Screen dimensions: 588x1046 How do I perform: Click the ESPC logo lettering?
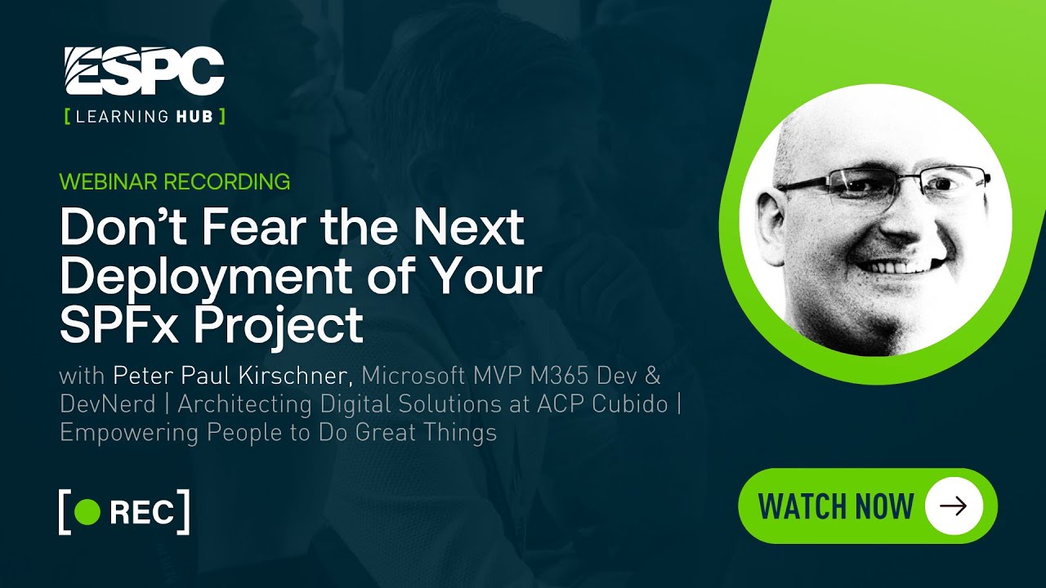[144, 72]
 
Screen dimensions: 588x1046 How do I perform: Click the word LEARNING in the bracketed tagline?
[122, 116]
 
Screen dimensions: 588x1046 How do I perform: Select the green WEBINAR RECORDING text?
[175, 181]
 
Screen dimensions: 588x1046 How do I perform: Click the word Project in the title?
[269, 327]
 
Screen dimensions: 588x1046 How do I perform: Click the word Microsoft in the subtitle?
[415, 376]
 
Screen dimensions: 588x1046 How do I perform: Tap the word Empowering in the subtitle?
[129, 431]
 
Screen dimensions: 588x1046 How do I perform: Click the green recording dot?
[87, 512]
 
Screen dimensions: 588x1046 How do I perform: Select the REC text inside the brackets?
[141, 512]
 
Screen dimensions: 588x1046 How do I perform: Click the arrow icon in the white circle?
[953, 506]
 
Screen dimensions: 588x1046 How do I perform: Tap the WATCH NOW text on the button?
[836, 506]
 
